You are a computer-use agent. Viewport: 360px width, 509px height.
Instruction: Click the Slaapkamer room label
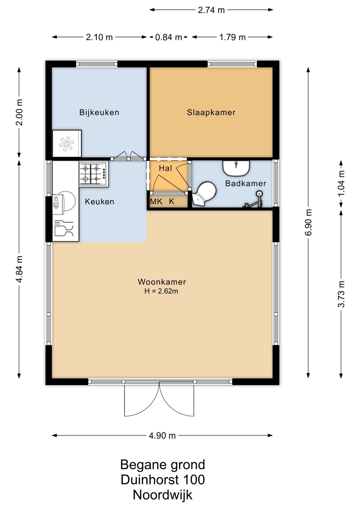point(211,112)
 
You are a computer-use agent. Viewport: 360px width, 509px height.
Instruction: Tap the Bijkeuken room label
point(99,112)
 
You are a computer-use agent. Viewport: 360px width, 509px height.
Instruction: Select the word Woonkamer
point(162,282)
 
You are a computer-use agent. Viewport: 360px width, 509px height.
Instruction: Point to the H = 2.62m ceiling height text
point(161,291)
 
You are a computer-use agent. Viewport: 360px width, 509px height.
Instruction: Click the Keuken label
point(99,201)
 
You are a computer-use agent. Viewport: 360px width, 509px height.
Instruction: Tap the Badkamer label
point(246,183)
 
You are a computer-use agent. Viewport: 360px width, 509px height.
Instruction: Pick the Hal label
point(165,168)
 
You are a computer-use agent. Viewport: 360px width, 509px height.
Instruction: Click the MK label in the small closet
point(156,201)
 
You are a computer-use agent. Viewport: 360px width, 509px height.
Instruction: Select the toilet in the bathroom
point(204,194)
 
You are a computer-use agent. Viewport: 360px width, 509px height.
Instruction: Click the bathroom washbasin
point(236,168)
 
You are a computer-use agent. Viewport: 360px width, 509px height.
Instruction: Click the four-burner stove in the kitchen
point(94,174)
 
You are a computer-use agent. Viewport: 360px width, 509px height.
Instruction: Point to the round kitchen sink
point(64,202)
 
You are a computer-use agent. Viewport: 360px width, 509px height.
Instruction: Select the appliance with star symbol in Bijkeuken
point(67,144)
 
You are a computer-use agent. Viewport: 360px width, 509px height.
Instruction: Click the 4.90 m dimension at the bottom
point(162,436)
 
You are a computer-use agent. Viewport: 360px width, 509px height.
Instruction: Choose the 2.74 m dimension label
point(211,10)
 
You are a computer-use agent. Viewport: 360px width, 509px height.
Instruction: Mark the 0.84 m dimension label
point(169,37)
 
